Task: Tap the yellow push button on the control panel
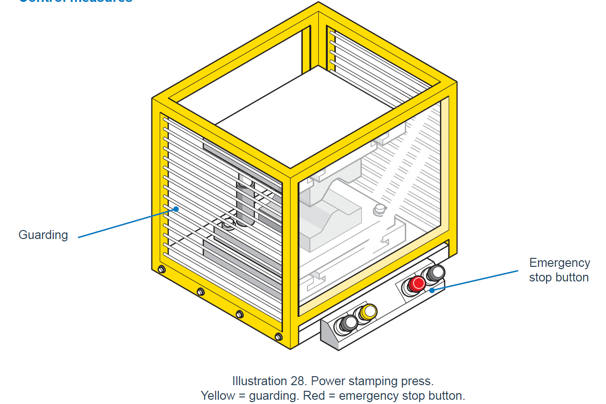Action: [368, 312]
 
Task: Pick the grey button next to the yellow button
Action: [349, 322]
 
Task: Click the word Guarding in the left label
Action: [43, 235]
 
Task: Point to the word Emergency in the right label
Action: [559, 263]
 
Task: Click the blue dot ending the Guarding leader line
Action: [176, 209]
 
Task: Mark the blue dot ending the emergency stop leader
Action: [432, 289]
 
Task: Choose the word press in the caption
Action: [417, 381]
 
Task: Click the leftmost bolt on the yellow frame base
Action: [161, 270]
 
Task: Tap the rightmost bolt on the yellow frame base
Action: [278, 337]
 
